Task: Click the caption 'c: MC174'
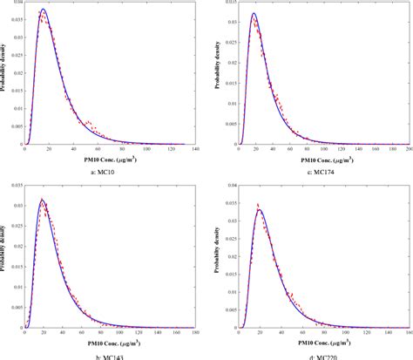pos(322,173)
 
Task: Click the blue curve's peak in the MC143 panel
pos(43,200)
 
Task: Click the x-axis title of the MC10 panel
pos(110,160)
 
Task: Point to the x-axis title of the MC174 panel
pos(322,160)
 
